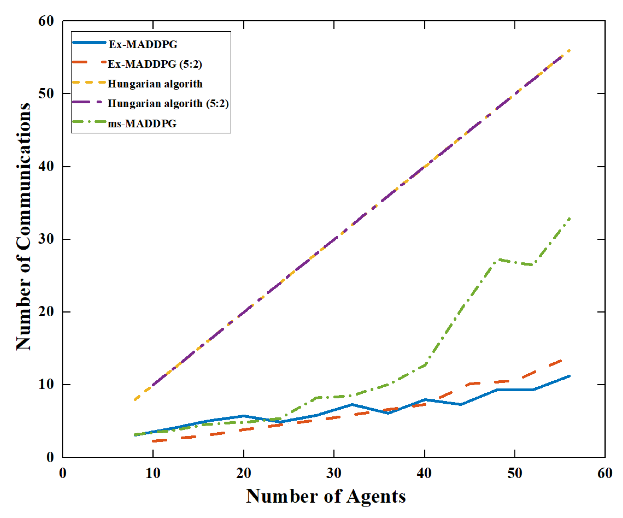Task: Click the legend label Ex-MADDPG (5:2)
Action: pos(154,64)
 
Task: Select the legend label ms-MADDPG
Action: pos(142,123)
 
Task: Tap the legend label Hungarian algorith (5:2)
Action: pos(168,104)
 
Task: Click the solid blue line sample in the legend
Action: pos(89,43)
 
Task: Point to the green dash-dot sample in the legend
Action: pos(89,122)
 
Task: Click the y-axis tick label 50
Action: pos(46,93)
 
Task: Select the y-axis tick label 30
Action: pos(46,239)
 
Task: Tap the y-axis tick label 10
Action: pos(46,384)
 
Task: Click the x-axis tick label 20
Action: pos(244,473)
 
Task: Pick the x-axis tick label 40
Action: pos(424,473)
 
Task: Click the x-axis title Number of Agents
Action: pos(326,496)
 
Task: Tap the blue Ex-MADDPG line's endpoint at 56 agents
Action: pos(569,376)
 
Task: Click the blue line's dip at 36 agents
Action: pos(388,413)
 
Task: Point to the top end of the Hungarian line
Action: pos(569,51)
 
